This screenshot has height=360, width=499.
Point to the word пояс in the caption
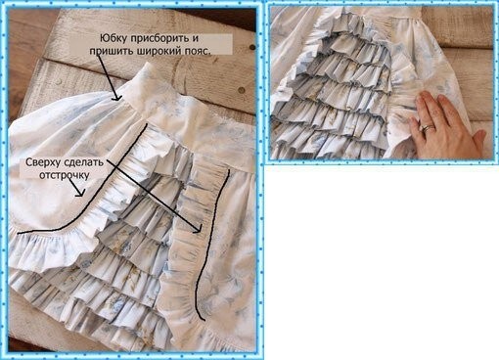[195, 51]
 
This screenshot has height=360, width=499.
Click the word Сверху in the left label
[43, 162]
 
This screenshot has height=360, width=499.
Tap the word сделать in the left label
[84, 162]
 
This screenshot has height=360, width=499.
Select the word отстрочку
[65, 175]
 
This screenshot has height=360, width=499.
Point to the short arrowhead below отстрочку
[80, 193]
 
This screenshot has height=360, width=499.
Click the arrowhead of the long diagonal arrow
[197, 229]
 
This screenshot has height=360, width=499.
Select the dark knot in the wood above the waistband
[242, 89]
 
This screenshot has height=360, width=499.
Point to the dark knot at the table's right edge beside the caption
[252, 48]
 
